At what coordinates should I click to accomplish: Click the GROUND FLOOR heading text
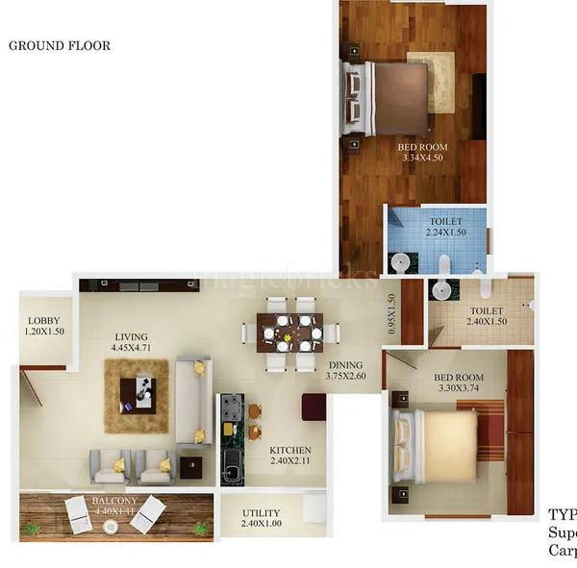pyautogui.click(x=60, y=45)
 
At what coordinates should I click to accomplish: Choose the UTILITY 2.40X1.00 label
pyautogui.click(x=262, y=520)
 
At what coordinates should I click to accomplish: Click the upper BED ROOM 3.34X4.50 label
pyautogui.click(x=422, y=153)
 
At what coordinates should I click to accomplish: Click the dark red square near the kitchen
pyautogui.click(x=314, y=407)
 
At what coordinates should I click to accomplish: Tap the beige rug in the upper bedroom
pyautogui.click(x=431, y=82)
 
